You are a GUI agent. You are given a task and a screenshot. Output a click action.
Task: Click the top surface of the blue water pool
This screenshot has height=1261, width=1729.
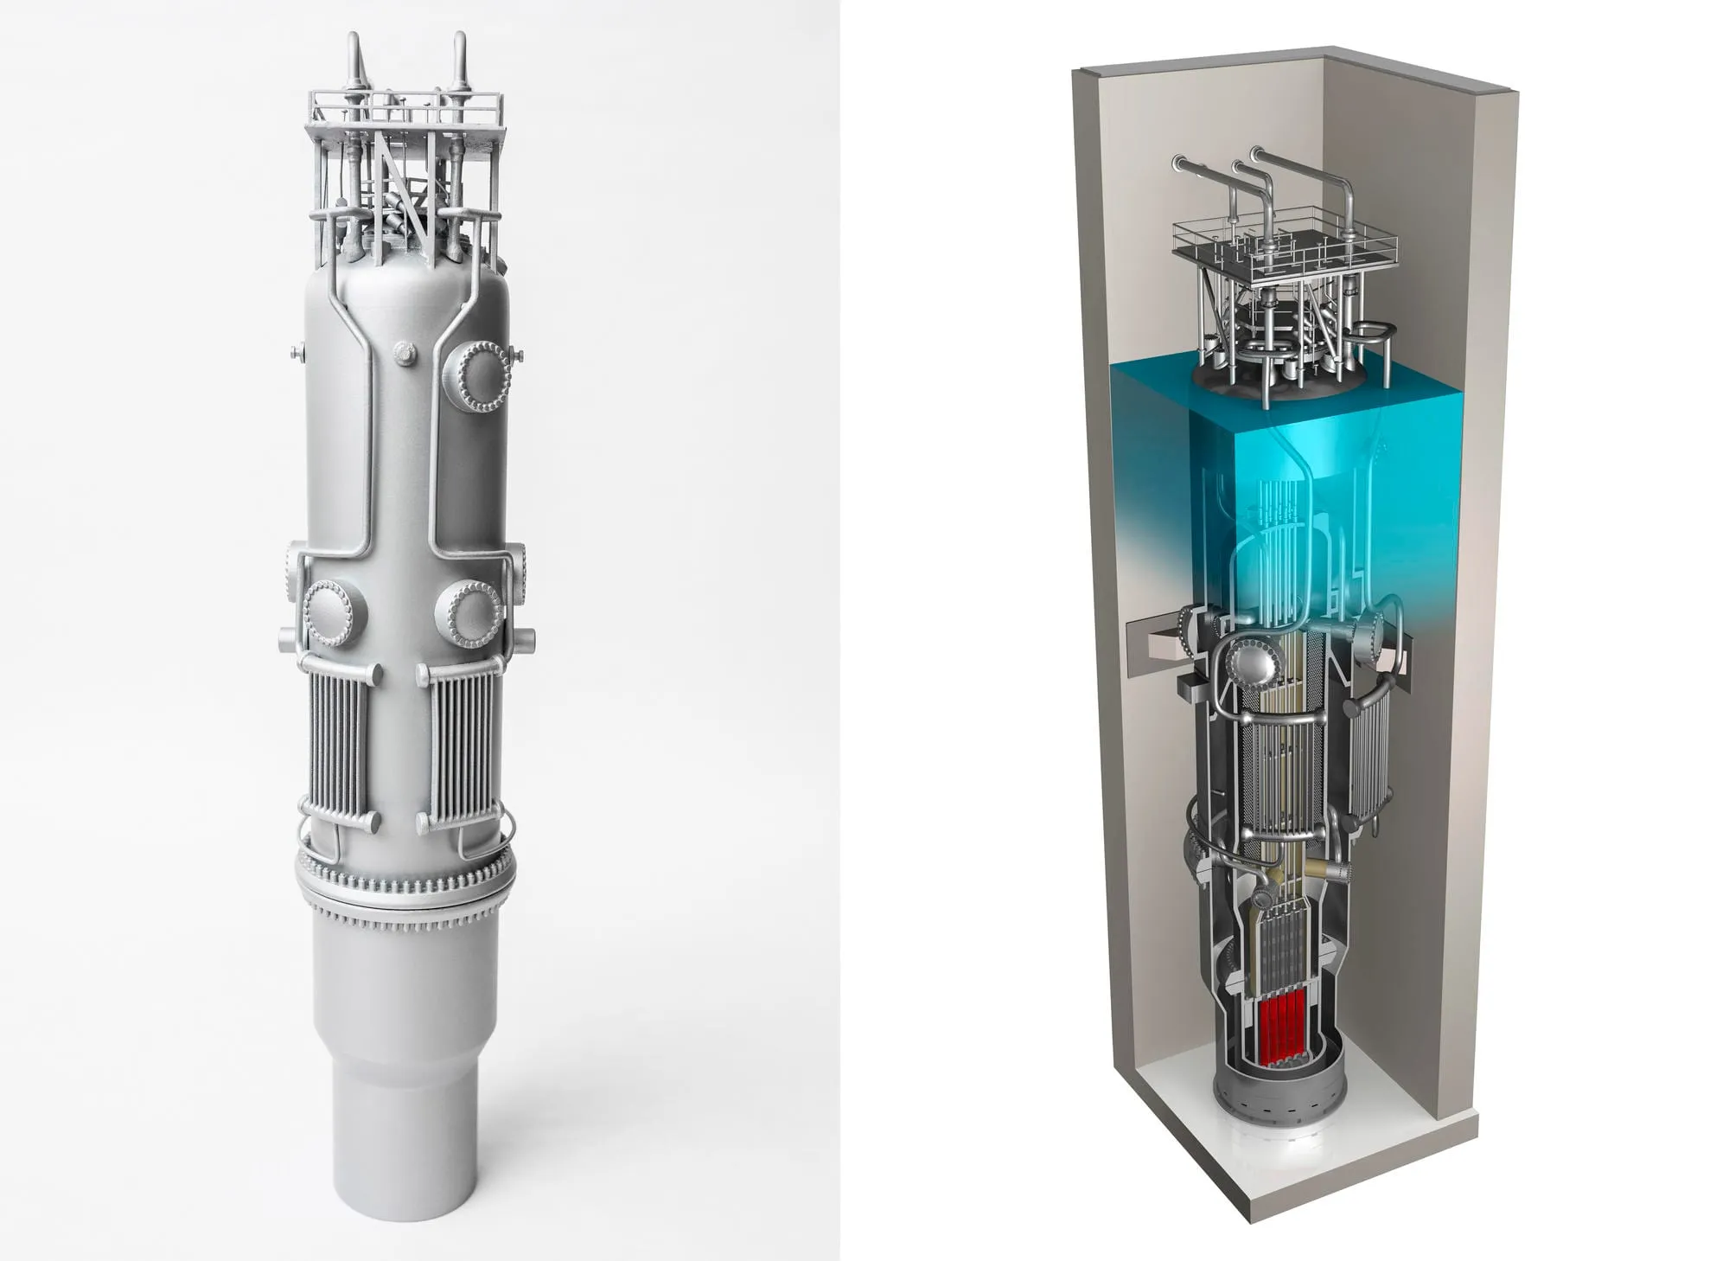coord(1279,389)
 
